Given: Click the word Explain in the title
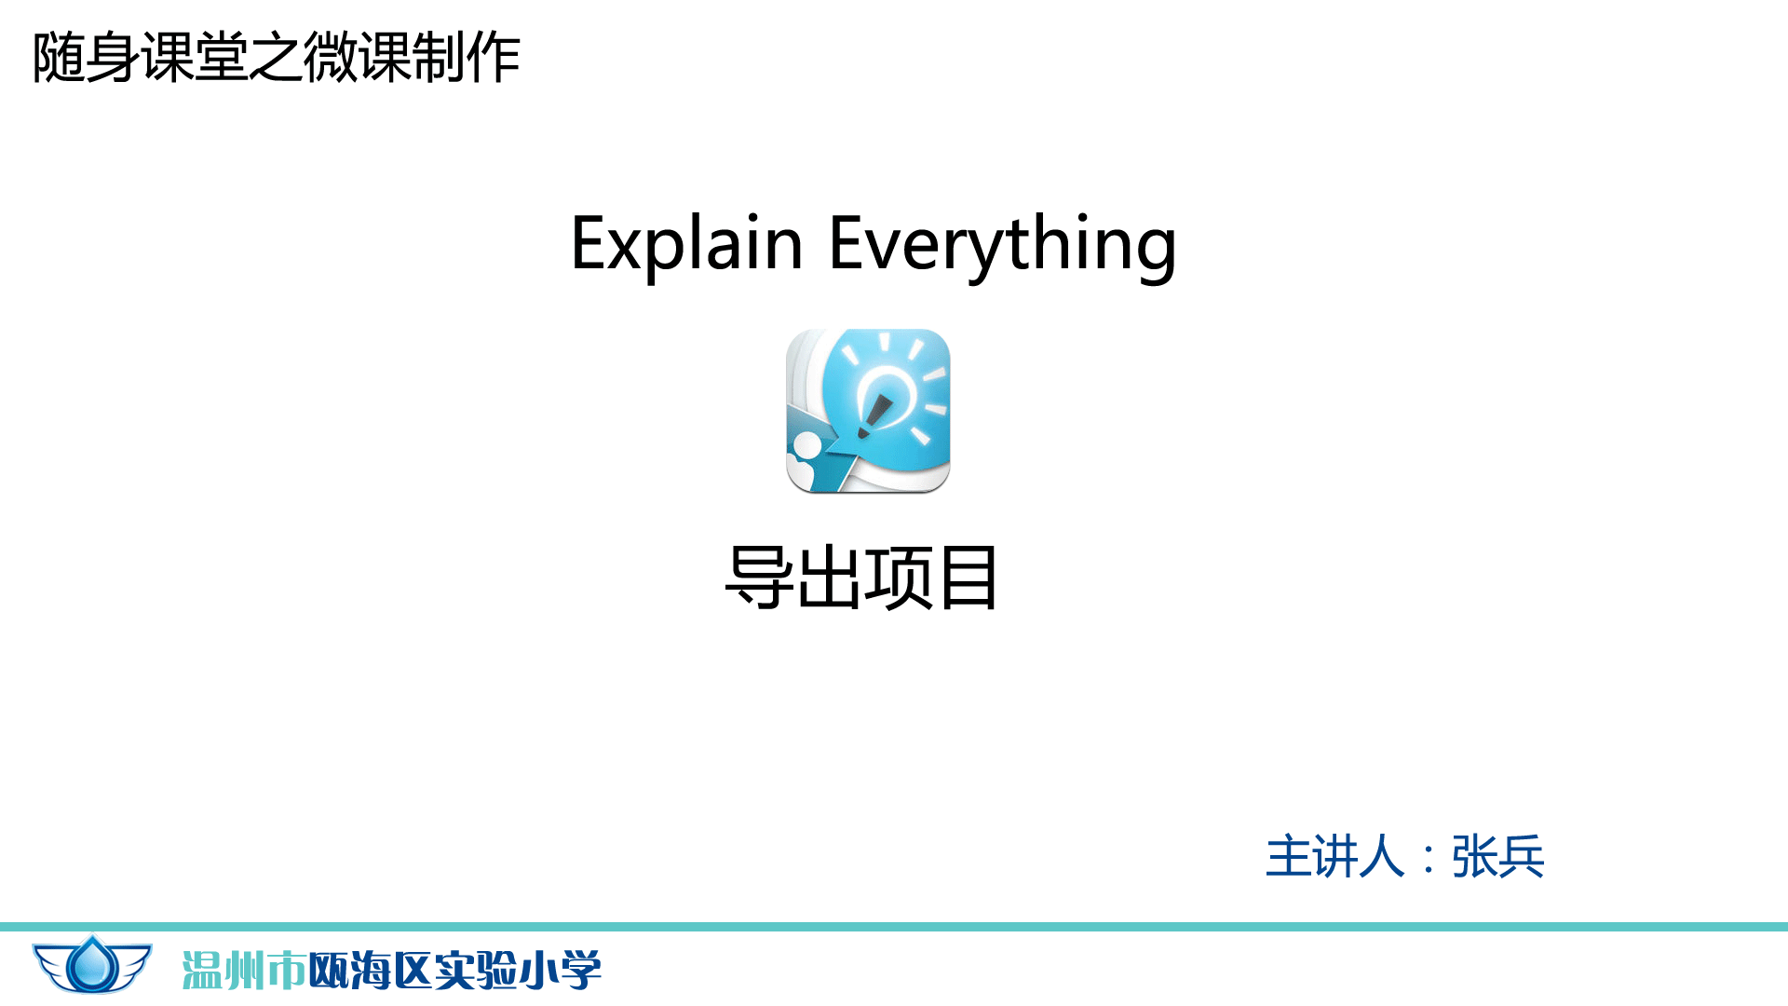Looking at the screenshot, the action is tap(686, 243).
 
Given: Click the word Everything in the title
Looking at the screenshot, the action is tap(1003, 245).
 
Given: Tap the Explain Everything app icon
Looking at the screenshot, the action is tap(868, 411).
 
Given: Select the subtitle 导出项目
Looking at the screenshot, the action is tap(861, 578).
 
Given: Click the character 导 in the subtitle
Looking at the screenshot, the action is tap(759, 578).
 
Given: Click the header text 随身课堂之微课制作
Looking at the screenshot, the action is tap(276, 58).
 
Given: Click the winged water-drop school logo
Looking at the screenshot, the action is tap(92, 964).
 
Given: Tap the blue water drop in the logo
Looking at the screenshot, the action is tap(92, 964).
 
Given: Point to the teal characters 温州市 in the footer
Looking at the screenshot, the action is tap(244, 971).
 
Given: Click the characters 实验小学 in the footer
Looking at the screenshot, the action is tap(518, 971).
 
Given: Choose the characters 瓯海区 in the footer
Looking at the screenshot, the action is tap(370, 971).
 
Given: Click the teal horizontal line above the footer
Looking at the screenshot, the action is tap(894, 927).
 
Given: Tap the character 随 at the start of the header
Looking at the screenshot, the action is tap(59, 58).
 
